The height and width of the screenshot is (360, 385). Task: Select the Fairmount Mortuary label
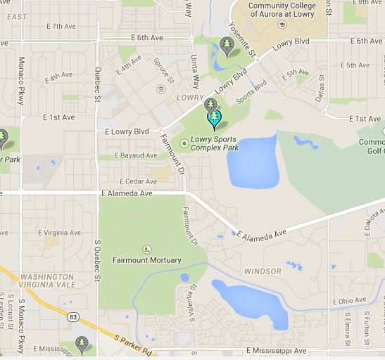pyautogui.click(x=146, y=260)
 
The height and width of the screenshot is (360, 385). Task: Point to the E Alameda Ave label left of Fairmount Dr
pyautogui.click(x=127, y=193)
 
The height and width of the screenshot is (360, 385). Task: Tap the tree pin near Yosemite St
pyautogui.click(x=227, y=46)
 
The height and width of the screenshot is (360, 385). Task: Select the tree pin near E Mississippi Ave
pyautogui.click(x=82, y=345)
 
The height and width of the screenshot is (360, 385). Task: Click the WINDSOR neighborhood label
pyautogui.click(x=262, y=271)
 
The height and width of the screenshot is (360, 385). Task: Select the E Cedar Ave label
pyautogui.click(x=138, y=181)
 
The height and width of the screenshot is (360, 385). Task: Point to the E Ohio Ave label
pyautogui.click(x=348, y=301)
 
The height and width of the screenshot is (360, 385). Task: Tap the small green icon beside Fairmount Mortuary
pyautogui.click(x=146, y=248)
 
